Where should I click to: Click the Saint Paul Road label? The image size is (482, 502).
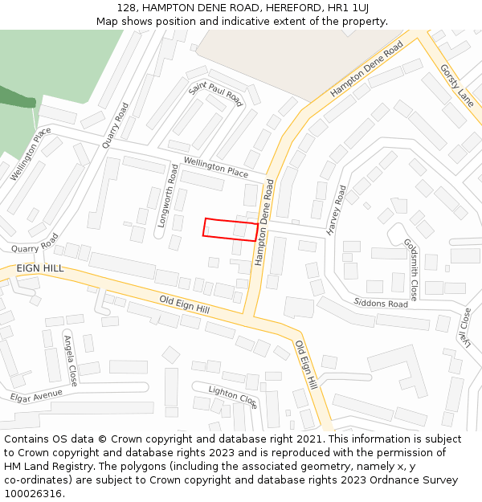pos(215,92)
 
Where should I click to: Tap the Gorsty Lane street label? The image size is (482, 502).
pos(457,85)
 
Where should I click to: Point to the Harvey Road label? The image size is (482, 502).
pos(337,210)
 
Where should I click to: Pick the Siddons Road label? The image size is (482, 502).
pos(381,304)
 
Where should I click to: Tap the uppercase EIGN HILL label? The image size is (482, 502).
pos(39,268)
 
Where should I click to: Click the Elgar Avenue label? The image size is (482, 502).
pos(36,396)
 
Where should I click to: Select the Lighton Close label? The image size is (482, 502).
pos(233,395)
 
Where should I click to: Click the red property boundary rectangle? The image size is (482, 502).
pos(231,230)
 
